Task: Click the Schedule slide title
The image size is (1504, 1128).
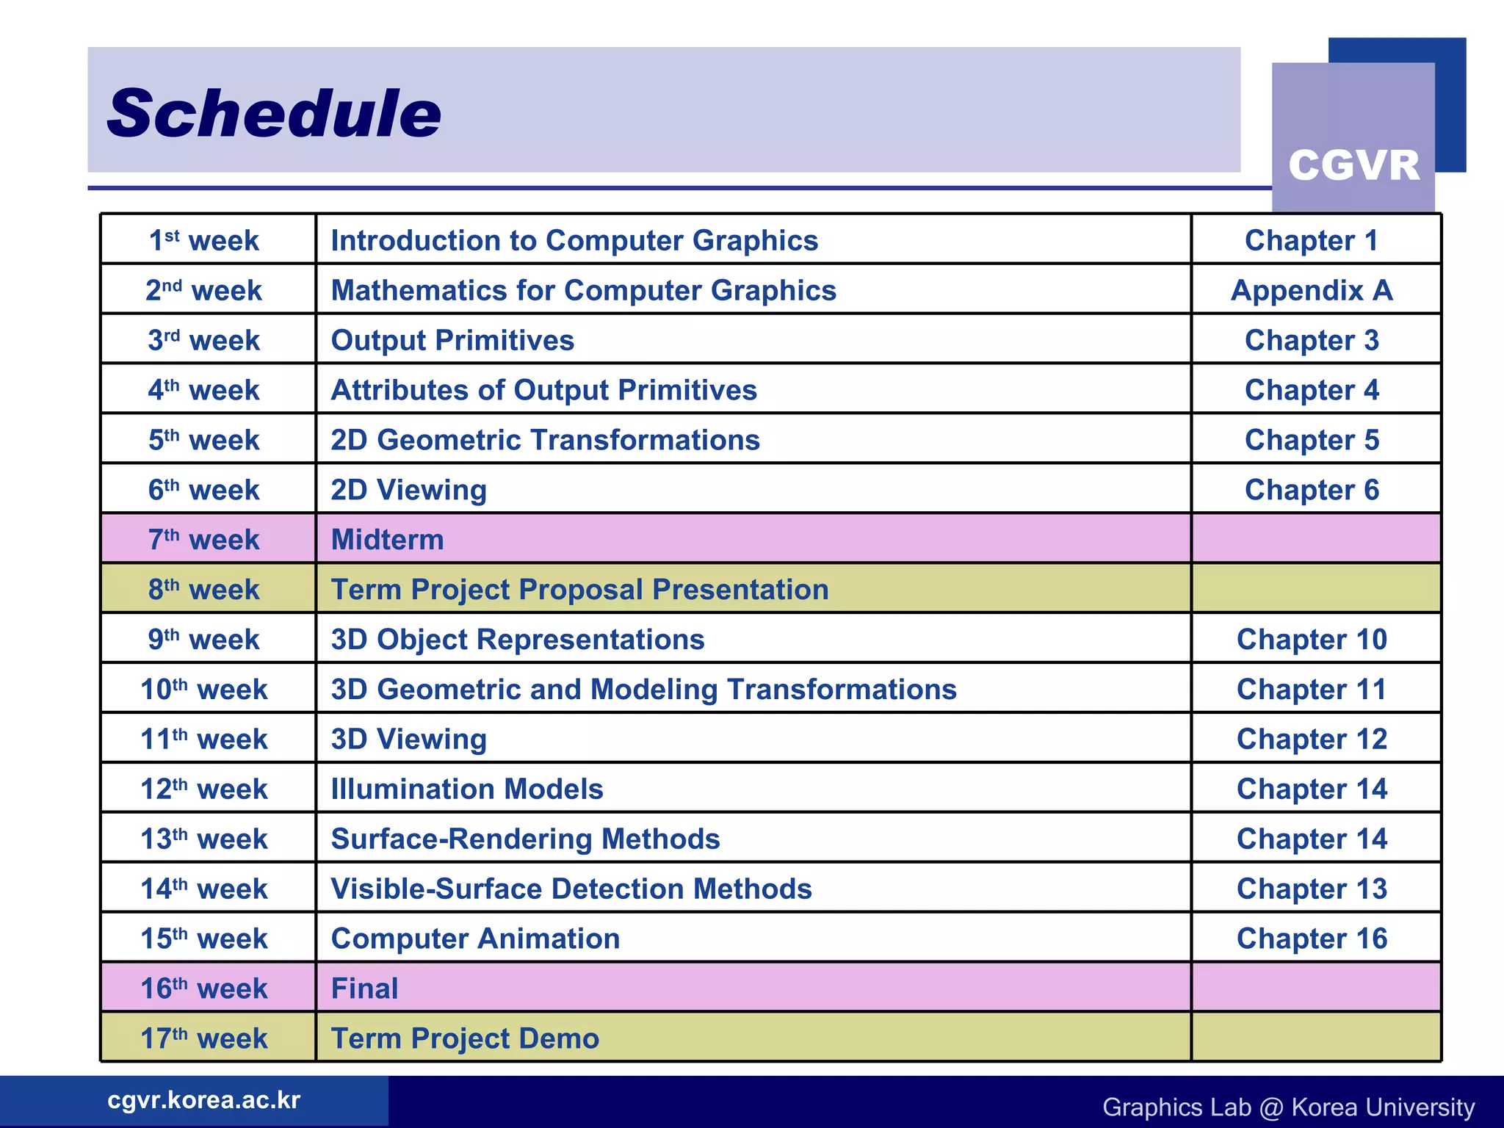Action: click(274, 113)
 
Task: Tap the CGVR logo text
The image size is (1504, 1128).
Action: click(1353, 165)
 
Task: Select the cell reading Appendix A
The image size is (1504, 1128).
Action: click(1312, 290)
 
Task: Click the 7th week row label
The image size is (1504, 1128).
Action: click(204, 540)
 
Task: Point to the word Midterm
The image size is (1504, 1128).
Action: click(387, 540)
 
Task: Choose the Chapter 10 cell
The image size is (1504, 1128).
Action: click(1312, 639)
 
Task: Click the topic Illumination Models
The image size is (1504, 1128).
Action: click(467, 789)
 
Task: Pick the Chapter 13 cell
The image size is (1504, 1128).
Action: click(1312, 889)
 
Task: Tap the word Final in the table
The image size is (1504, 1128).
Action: click(364, 988)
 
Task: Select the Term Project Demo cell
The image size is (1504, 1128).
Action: click(465, 1038)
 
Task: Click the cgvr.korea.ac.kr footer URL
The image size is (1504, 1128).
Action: click(204, 1100)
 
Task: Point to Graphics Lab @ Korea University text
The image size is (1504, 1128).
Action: click(1288, 1107)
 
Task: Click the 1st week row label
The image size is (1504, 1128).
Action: click(204, 241)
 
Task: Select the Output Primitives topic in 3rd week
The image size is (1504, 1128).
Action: click(452, 340)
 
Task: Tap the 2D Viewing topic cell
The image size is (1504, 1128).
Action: click(408, 490)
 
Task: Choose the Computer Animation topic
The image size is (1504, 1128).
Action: click(475, 939)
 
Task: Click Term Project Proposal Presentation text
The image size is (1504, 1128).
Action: click(579, 590)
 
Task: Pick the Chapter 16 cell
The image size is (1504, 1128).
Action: click(1312, 939)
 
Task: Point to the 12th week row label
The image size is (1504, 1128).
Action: click(204, 789)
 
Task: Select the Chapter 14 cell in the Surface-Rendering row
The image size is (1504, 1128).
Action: click(1312, 839)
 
